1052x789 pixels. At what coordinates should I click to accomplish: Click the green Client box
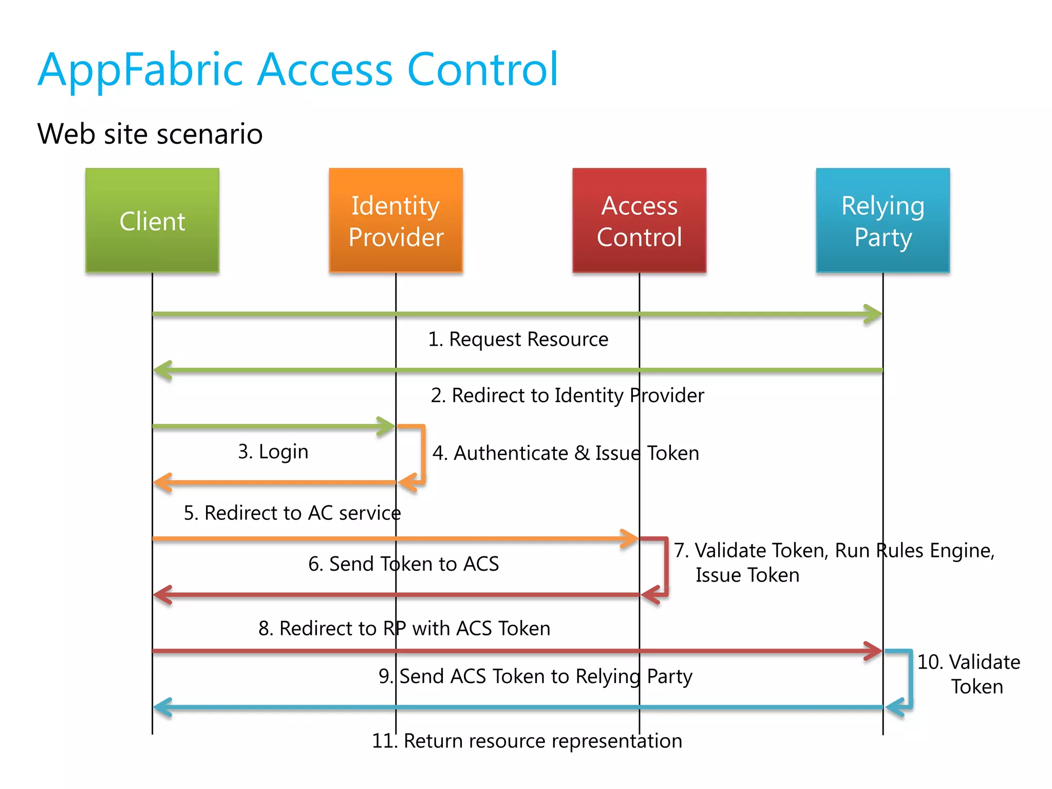coord(152,220)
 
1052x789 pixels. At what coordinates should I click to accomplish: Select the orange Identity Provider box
coord(396,220)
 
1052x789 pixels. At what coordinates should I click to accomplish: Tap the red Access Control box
coord(639,220)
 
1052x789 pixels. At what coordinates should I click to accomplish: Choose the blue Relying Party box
coord(882,220)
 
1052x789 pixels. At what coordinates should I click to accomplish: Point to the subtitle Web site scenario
coord(150,134)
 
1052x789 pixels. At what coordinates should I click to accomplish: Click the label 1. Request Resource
coord(518,340)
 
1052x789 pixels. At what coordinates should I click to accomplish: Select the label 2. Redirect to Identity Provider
coord(567,396)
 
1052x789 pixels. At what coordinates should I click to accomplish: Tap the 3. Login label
coord(273,452)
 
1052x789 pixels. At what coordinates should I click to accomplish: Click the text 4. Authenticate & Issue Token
coord(566,453)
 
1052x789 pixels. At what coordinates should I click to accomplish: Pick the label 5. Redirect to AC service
coord(292,513)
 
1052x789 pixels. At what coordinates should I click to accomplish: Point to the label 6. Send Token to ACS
coord(403,564)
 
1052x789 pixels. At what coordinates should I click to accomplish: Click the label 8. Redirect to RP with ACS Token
coord(404,628)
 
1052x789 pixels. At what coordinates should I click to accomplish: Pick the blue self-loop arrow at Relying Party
coord(910,679)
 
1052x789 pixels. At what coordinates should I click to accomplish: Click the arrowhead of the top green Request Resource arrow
coord(873,314)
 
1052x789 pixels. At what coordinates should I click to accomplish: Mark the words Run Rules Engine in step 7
coord(914,551)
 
